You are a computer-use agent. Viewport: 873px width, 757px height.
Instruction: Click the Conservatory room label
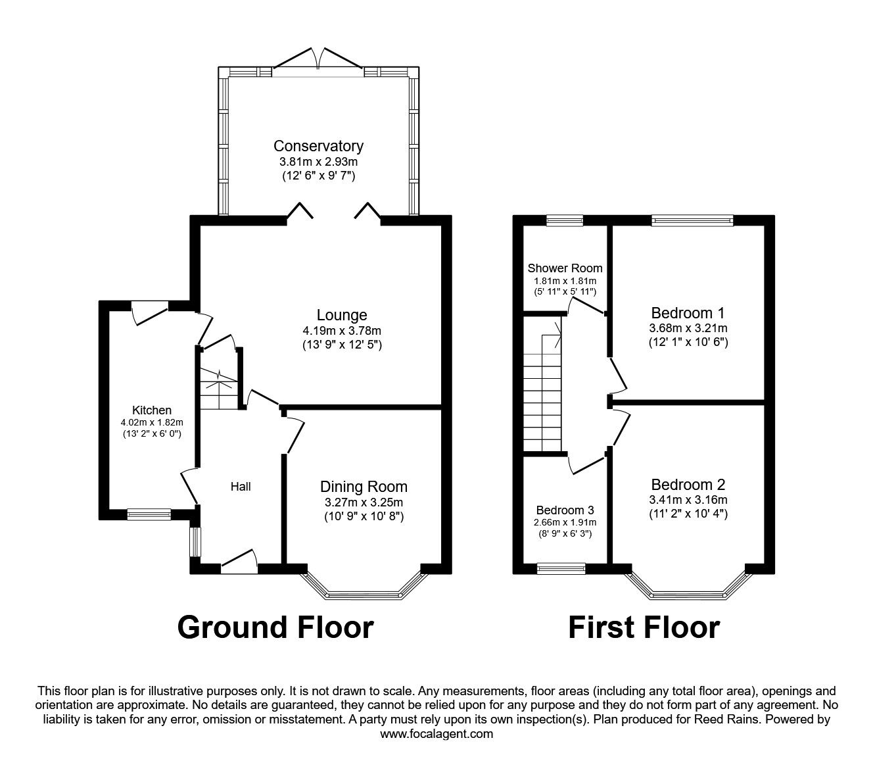[x=318, y=146]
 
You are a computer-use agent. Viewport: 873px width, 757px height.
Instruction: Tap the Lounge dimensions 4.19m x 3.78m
[x=341, y=331]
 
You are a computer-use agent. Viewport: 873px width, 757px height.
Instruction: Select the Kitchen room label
[x=151, y=410]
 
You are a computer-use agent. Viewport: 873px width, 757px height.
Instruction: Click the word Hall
[x=240, y=487]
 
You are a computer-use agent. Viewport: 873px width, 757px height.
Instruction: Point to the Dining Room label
[x=364, y=487]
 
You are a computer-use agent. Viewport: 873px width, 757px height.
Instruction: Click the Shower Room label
[x=565, y=268]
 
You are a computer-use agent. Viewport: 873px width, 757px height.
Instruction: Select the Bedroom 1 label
[x=688, y=313]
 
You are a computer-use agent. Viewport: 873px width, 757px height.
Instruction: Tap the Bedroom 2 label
[x=688, y=485]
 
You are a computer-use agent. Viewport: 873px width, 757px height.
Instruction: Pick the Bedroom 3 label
[x=565, y=510]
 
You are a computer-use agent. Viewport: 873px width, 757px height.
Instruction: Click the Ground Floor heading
[x=275, y=627]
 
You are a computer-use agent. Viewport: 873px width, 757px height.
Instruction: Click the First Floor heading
[x=644, y=627]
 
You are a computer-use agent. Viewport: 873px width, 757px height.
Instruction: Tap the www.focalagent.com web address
[x=436, y=734]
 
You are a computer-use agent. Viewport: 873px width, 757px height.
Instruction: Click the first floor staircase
[x=543, y=395]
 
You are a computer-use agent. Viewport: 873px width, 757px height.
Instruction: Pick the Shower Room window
[x=565, y=221]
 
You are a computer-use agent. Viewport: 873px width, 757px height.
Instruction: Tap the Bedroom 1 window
[x=692, y=221]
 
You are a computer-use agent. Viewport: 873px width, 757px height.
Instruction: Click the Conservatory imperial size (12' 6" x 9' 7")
[x=318, y=176]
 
